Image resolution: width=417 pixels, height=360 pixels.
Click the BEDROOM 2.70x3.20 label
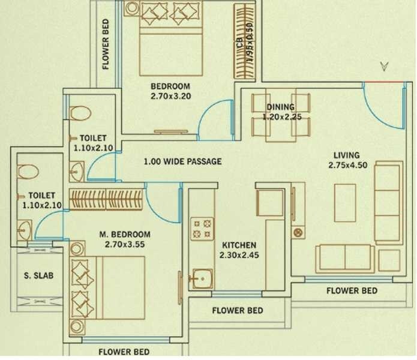pos(170,91)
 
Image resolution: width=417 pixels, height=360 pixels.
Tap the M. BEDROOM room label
pos(124,239)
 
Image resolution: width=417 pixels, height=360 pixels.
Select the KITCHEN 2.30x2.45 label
pos(239,250)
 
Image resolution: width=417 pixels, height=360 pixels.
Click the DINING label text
pos(280,107)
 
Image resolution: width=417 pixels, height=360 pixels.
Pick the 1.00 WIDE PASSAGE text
pos(182,161)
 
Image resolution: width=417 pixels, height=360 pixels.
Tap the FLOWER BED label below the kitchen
pos(238,310)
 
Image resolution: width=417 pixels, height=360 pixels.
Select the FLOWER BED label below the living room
pos(352,290)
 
